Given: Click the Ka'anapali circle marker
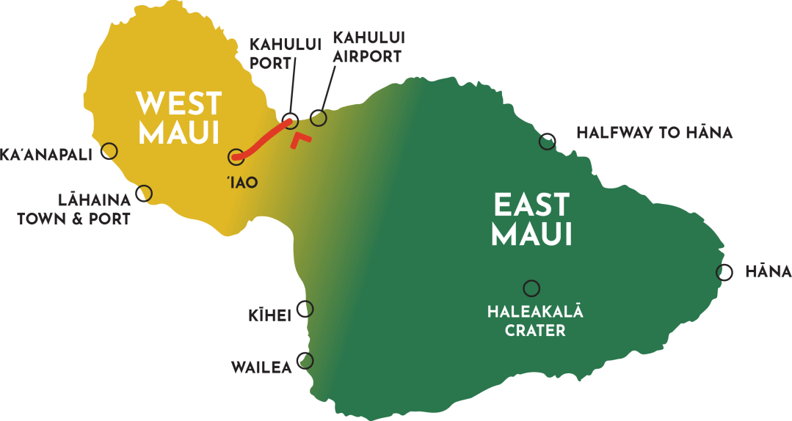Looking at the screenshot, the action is point(109,151).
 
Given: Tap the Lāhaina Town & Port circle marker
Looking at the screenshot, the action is point(144,194).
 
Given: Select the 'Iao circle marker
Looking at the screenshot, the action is point(236,155).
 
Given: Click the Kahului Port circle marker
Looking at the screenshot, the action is point(290,120).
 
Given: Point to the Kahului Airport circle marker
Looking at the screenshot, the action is point(318,117).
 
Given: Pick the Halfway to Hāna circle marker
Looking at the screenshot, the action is point(547,142).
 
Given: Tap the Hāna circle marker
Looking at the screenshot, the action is point(724,272).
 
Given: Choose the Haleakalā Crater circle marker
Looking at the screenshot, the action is point(531,288).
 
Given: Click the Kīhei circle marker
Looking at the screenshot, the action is point(305,309).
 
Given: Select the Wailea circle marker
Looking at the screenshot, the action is point(305,361).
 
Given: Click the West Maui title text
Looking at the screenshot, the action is point(179,118).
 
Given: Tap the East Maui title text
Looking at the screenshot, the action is point(531,219).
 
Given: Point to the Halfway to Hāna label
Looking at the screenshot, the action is point(654,133).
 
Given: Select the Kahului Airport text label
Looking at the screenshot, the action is point(368,46).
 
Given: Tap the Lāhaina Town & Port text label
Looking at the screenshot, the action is point(73,208).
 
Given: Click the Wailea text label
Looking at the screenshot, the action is point(261,367).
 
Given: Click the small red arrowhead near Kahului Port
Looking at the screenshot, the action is point(299,139).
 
